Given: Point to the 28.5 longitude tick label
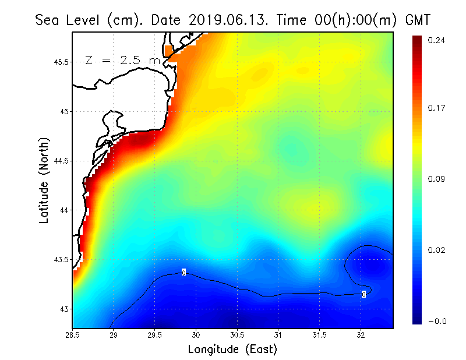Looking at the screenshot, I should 73,335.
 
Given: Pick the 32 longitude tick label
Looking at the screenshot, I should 361,335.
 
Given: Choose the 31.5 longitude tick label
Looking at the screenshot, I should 319,335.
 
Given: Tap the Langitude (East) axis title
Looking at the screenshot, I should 232,350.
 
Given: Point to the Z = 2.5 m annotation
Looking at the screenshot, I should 122,60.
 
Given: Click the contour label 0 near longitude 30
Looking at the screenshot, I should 183,273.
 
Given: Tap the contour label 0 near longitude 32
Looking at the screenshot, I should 363,294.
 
